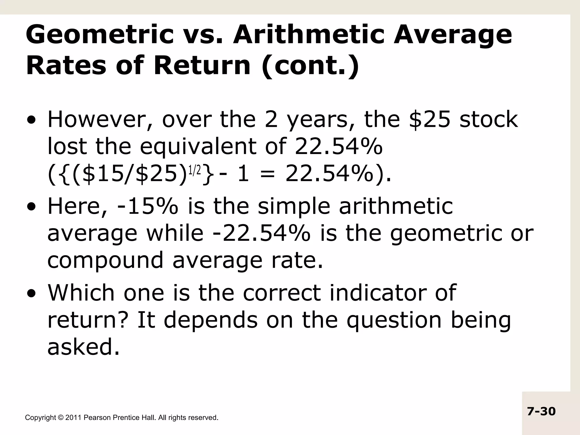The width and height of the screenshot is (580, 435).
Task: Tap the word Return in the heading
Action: (x=202, y=66)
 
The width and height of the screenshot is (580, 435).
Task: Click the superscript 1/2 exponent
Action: (x=195, y=170)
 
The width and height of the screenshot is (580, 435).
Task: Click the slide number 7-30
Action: (x=541, y=411)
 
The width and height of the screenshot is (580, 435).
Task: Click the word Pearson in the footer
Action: (x=97, y=418)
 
